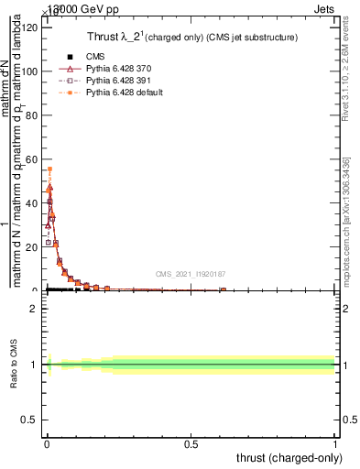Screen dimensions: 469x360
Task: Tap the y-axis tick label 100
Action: pyautogui.click(x=31, y=71)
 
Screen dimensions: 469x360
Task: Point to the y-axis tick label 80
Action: pyautogui.click(x=34, y=115)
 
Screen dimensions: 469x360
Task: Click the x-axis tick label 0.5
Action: pyautogui.click(x=191, y=444)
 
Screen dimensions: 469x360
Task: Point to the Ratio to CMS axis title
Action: pyautogui.click(x=15, y=364)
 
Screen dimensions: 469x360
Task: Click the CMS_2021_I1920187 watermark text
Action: pyautogui.click(x=191, y=274)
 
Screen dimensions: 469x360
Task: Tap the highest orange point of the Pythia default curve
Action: pyautogui.click(x=49, y=169)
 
